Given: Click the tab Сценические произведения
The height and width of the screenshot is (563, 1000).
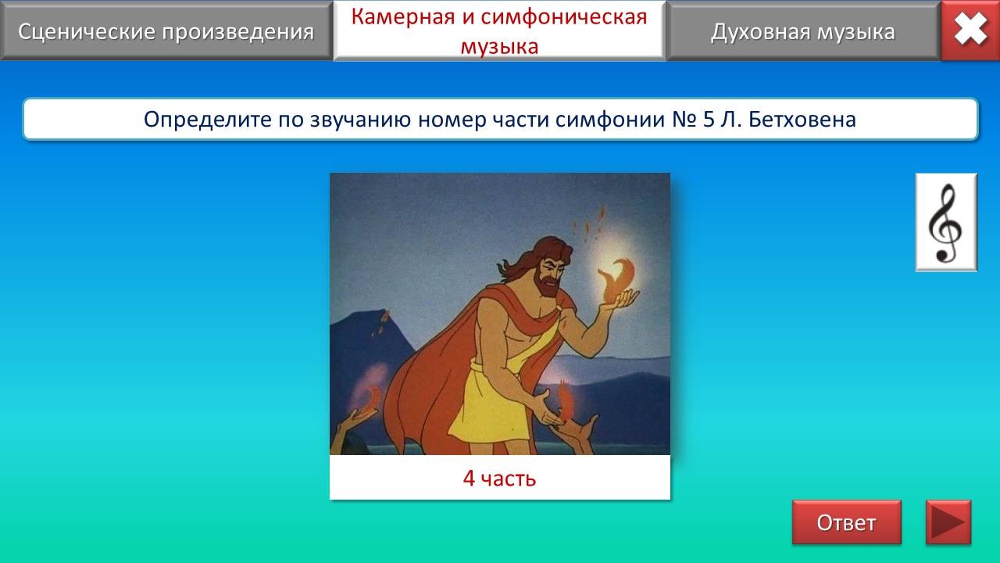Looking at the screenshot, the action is [x=166, y=30].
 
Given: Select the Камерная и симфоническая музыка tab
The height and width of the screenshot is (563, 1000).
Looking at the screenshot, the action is [x=499, y=30].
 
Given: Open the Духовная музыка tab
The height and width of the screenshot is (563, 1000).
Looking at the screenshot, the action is [x=803, y=30].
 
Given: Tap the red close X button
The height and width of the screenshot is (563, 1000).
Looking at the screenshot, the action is [x=970, y=30].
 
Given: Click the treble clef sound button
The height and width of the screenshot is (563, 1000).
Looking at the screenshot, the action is [x=946, y=222].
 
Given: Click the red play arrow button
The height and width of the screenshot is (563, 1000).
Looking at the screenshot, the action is [x=948, y=522].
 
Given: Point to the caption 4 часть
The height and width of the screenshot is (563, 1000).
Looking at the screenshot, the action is [x=499, y=478].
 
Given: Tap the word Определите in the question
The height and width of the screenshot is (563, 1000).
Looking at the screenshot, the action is [x=207, y=120].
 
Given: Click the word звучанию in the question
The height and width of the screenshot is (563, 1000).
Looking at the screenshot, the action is [x=360, y=120].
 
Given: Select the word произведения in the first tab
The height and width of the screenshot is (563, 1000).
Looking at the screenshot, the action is [x=238, y=33].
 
